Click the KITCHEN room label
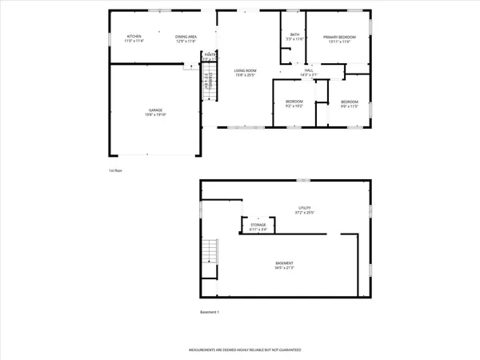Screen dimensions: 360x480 tap(134, 37)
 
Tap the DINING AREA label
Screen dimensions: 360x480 tap(186, 37)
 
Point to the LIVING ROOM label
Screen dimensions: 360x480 tap(246, 71)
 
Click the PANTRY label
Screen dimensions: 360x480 tap(209, 56)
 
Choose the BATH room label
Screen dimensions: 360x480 tap(295, 35)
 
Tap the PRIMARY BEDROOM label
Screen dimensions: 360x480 tap(338, 37)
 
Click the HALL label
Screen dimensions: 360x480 tap(309, 71)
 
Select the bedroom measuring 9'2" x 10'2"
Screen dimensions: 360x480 tap(295, 103)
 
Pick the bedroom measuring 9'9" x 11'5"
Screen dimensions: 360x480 tap(350, 103)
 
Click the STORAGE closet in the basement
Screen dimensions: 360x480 tap(258, 226)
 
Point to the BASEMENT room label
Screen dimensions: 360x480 tap(286, 264)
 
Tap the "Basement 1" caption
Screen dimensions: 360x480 tap(210, 312)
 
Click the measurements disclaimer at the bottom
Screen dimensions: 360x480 tap(245, 350)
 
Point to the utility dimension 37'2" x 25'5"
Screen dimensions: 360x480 tap(305, 214)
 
